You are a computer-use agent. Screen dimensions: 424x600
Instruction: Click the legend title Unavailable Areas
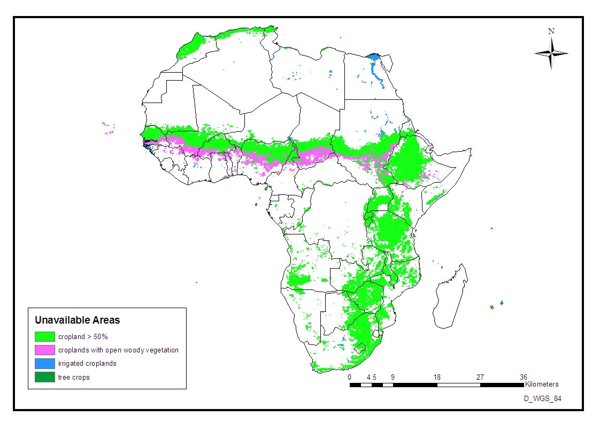tap(77, 320)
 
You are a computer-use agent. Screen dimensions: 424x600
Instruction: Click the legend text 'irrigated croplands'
tap(87, 364)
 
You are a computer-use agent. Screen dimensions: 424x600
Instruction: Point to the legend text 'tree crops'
tap(74, 377)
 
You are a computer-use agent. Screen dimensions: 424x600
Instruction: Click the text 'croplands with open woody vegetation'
tap(118, 350)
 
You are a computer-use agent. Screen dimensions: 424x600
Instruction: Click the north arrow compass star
tap(551, 53)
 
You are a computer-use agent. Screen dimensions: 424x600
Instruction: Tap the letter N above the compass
tap(551, 31)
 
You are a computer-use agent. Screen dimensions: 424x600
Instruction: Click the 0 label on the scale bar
tap(350, 377)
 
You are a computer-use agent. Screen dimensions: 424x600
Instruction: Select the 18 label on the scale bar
tap(437, 377)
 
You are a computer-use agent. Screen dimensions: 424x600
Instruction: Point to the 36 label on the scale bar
tap(524, 377)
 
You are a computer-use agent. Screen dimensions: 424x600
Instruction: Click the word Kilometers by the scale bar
tap(542, 384)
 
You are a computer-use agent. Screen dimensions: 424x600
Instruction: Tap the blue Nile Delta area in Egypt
tap(374, 57)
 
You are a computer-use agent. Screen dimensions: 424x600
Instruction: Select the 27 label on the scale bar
tap(480, 377)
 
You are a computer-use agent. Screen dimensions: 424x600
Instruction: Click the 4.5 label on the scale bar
tap(372, 377)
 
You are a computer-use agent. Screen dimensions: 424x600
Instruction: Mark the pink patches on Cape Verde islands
tap(109, 128)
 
